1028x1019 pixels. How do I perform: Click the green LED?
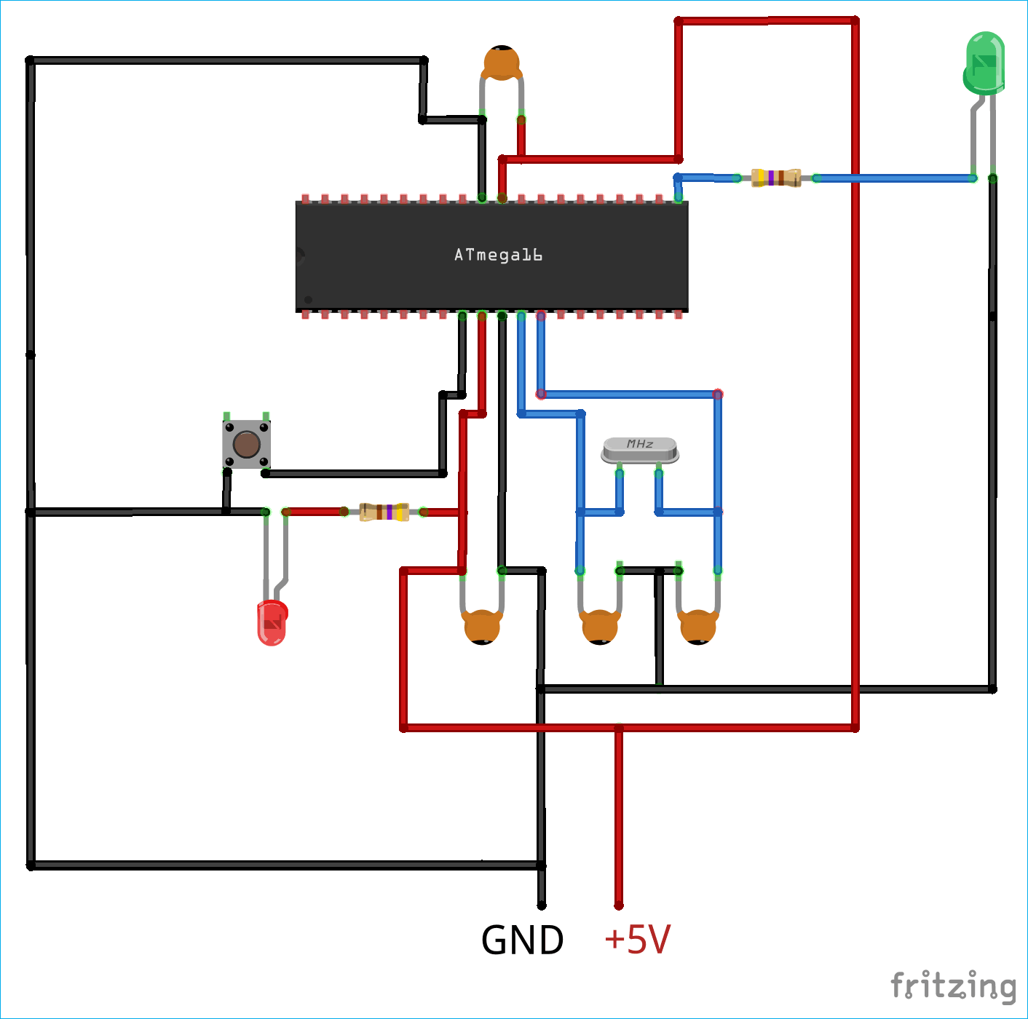(984, 64)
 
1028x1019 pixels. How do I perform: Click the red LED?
(272, 623)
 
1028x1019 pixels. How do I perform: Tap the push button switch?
(246, 444)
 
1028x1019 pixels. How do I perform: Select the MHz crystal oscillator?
(640, 451)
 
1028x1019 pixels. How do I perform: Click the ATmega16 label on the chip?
(498, 255)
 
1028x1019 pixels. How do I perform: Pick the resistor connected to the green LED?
(776, 178)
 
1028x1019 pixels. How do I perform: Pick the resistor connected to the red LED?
(384, 512)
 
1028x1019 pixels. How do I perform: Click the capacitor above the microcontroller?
(502, 64)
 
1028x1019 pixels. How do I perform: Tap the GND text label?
(522, 940)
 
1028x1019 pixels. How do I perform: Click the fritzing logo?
(953, 986)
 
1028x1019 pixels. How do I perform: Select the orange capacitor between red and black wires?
(482, 627)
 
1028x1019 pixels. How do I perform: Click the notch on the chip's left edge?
(299, 255)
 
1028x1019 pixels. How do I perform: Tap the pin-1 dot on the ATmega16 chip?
(308, 299)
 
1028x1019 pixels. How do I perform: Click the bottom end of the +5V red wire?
(619, 905)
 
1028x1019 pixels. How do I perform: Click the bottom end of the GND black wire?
(541, 905)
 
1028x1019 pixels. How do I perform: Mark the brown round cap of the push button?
(246, 444)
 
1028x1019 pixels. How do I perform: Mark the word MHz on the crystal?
(640, 443)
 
